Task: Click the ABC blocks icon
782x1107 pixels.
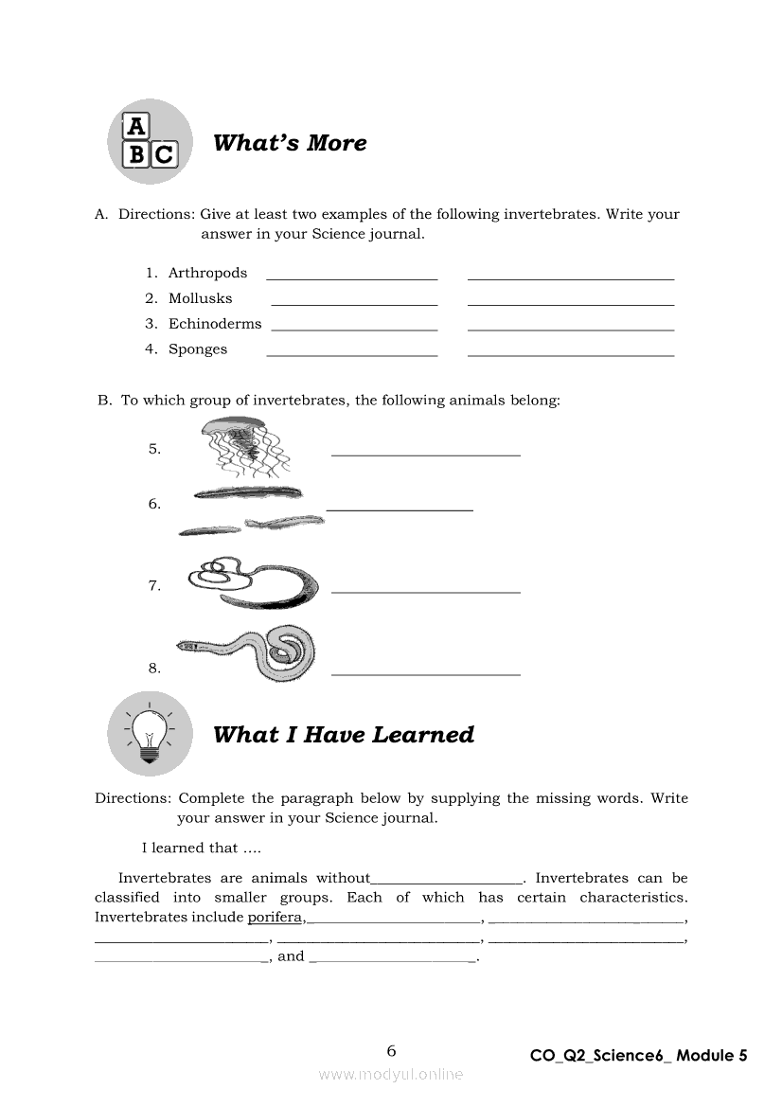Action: (x=149, y=141)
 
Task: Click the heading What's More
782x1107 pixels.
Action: (x=290, y=143)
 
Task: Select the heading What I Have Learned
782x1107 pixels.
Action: (x=344, y=735)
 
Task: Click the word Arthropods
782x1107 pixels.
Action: (x=207, y=273)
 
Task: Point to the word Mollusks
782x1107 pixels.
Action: (x=200, y=298)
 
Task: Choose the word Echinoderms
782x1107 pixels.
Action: (x=215, y=324)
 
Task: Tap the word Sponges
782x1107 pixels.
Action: (x=198, y=349)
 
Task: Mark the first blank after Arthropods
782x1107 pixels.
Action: (x=352, y=277)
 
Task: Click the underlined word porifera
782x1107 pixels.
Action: (x=275, y=917)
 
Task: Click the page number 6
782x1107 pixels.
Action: (x=391, y=1050)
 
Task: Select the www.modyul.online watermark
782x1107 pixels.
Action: (x=391, y=1074)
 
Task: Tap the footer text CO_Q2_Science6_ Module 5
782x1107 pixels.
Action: (x=638, y=1056)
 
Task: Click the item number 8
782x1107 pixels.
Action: (x=154, y=669)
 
